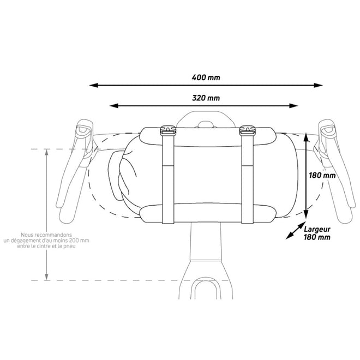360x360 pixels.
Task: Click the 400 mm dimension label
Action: [x=206, y=77]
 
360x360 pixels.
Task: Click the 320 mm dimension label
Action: [x=206, y=98]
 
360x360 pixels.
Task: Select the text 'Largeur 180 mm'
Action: [x=319, y=233]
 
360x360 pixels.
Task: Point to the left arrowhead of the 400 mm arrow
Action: [x=94, y=86]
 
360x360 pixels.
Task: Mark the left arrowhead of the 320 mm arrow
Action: [x=113, y=106]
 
